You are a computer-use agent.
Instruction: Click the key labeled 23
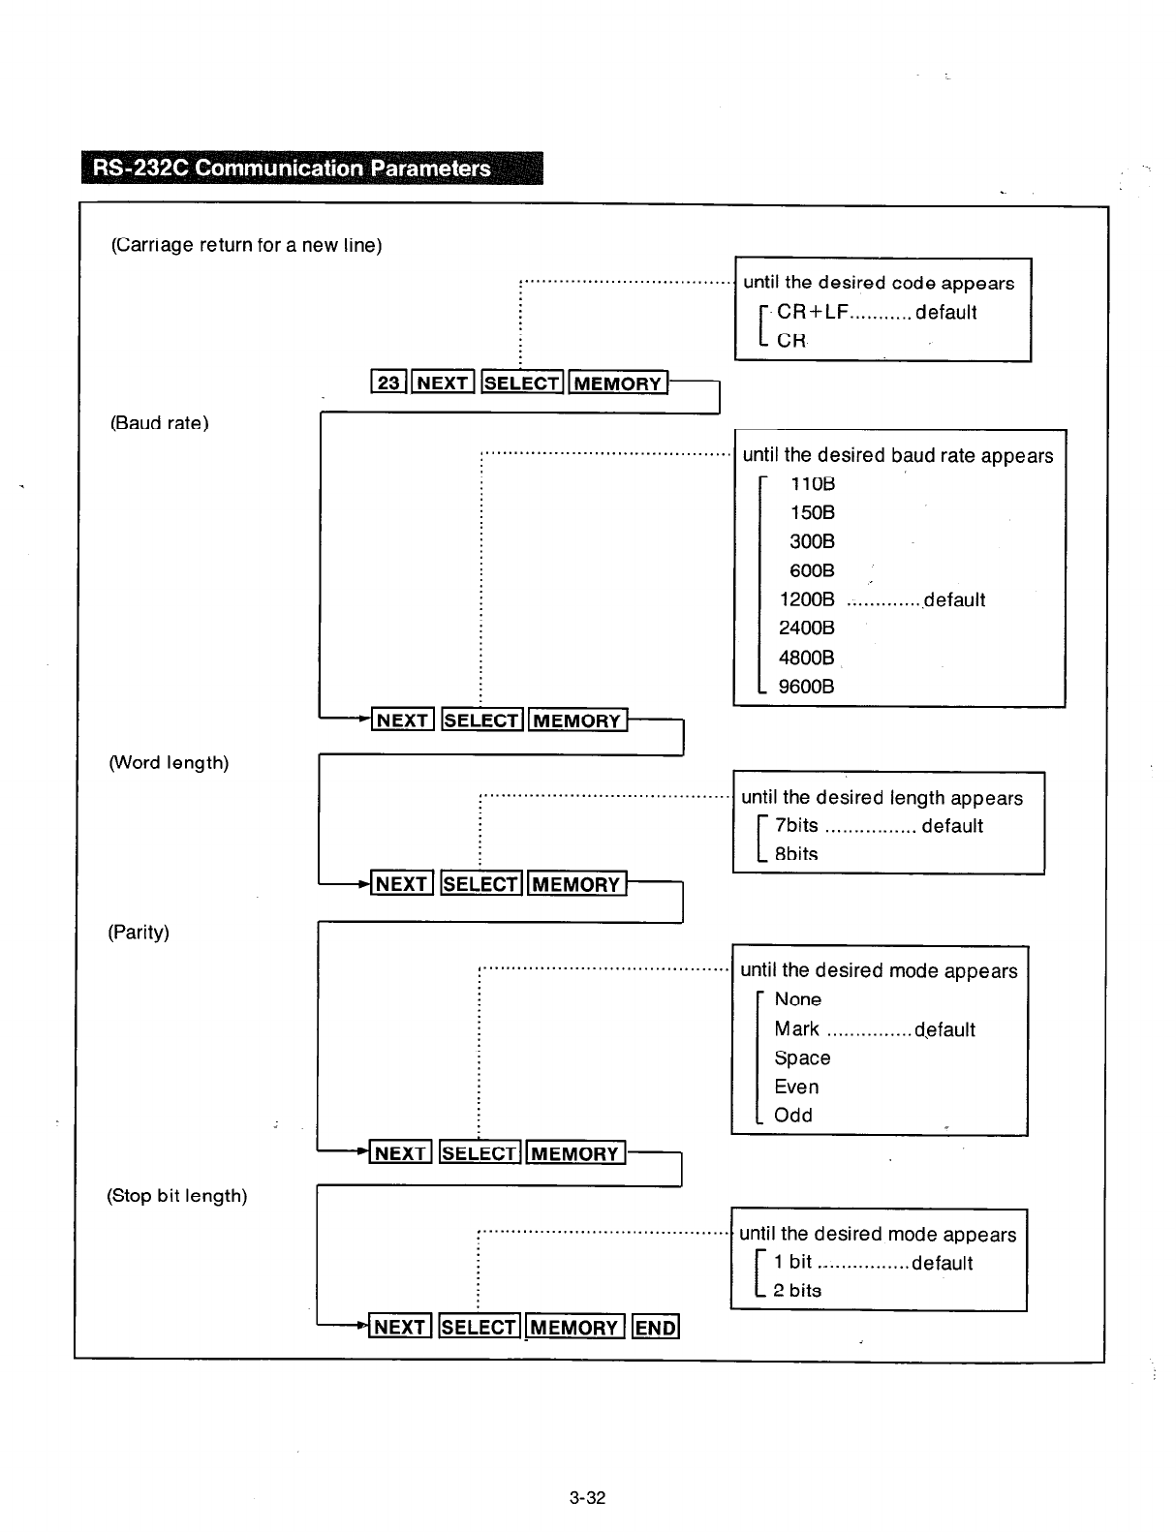pos(388,383)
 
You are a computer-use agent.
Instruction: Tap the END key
pos(656,1327)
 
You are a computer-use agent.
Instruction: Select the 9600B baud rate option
pos(806,687)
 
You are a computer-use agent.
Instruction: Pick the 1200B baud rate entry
pos(806,599)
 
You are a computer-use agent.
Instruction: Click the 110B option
pos(812,483)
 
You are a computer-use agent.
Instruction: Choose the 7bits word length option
pos(796,825)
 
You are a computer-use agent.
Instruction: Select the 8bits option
pos(796,854)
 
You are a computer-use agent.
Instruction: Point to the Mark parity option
pos(796,1028)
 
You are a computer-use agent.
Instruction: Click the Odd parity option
pos(792,1116)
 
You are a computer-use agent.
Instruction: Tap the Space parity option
pos(802,1057)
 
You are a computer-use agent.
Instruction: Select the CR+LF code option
pos(812,312)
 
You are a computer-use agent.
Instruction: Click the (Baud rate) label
pos(159,423)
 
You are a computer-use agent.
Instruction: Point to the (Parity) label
pos(138,933)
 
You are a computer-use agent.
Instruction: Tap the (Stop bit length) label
pos(176,1196)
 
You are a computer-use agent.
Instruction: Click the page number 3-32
pos(587,1498)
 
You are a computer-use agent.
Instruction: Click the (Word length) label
pos(169,763)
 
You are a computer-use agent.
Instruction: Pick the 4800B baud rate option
pos(806,658)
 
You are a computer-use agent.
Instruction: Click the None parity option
pos(797,999)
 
